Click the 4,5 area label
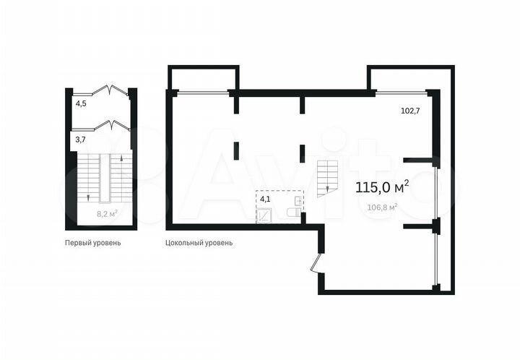[81, 103]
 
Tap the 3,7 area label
[81, 139]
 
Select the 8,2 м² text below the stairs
[107, 214]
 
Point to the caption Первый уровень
[92, 243]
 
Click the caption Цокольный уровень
[199, 243]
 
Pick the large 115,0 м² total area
[382, 188]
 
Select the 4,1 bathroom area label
[265, 198]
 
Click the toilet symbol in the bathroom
[293, 213]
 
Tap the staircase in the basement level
[327, 176]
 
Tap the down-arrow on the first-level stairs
[87, 195]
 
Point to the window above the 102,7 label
[401, 93]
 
